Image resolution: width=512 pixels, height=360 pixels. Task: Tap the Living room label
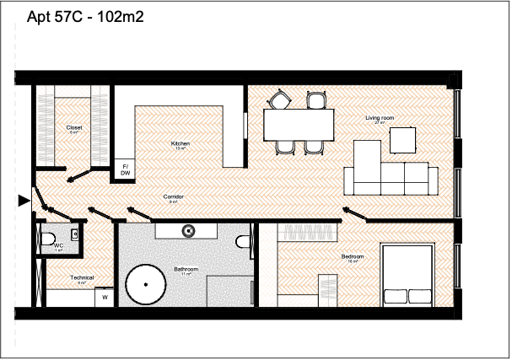click(380, 118)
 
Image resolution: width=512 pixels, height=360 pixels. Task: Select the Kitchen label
click(180, 144)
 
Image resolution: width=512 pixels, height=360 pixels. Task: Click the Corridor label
click(174, 198)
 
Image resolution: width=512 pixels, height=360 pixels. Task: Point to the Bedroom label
click(353, 256)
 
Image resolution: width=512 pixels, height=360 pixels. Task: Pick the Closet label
click(73, 128)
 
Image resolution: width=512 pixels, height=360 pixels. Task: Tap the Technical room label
click(82, 277)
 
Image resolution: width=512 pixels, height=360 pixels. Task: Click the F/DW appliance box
click(125, 169)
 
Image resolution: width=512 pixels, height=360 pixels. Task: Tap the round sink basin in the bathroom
click(188, 228)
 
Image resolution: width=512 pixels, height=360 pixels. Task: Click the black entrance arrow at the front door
click(23, 200)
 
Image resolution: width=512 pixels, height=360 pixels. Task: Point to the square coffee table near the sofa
click(402, 139)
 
